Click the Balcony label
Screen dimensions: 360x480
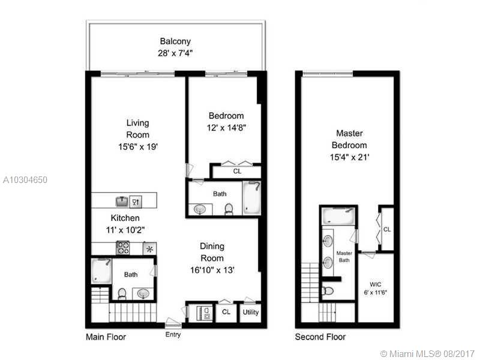(x=175, y=41)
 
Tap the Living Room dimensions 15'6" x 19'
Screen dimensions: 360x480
(x=137, y=146)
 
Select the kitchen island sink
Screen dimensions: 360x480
(x=122, y=202)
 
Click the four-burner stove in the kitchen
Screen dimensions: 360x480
(x=123, y=248)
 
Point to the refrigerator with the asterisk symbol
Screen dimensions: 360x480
(x=149, y=248)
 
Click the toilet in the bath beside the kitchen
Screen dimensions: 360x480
(x=122, y=293)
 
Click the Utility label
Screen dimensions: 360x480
(x=250, y=313)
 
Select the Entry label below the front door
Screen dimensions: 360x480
(x=173, y=335)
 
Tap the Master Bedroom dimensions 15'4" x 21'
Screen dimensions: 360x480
(x=351, y=157)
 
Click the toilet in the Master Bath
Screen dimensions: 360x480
(x=328, y=291)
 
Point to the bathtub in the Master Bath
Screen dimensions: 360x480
(x=338, y=215)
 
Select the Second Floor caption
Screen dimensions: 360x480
(x=320, y=337)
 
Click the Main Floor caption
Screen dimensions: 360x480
(x=106, y=337)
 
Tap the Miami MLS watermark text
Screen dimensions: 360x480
(x=428, y=353)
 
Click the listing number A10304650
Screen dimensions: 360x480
(x=25, y=179)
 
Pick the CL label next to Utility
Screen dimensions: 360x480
(x=226, y=313)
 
